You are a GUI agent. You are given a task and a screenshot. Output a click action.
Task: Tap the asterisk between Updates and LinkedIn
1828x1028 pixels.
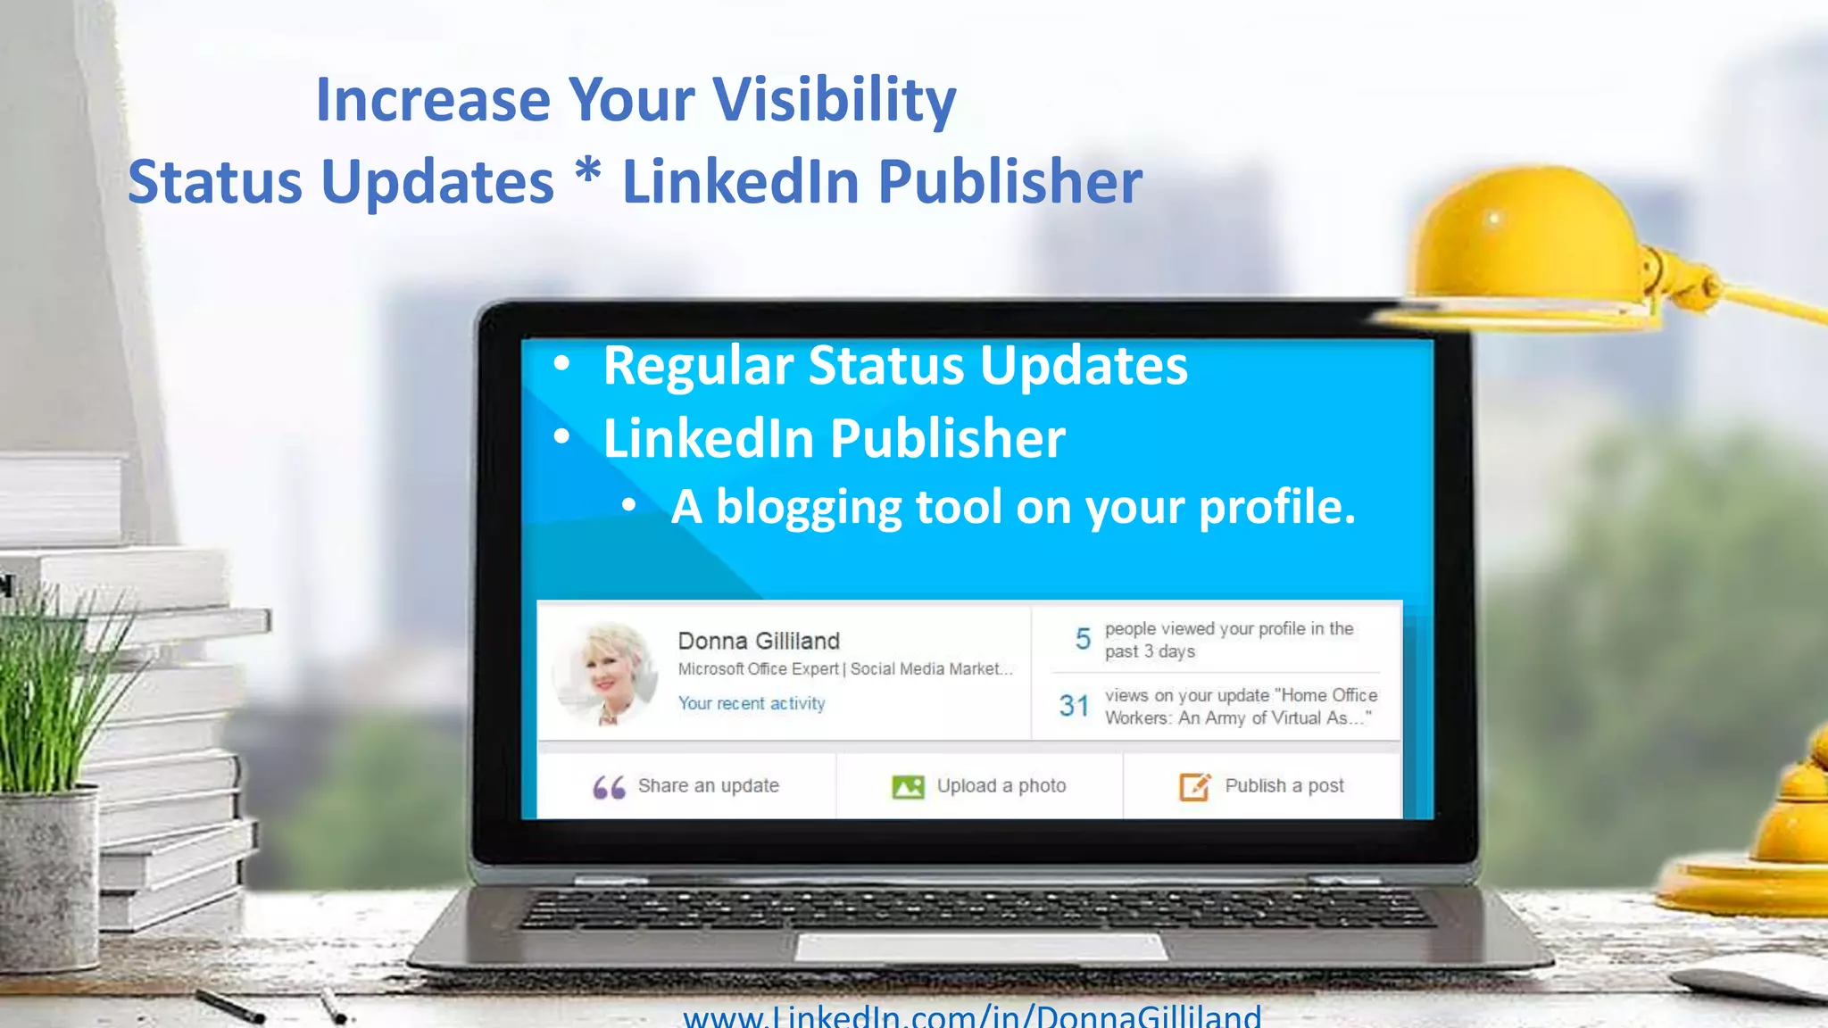pyautogui.click(x=587, y=170)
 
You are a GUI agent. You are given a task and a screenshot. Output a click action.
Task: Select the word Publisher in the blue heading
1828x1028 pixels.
pyautogui.click(x=1010, y=182)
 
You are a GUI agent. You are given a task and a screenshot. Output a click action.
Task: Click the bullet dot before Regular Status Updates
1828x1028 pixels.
pyautogui.click(x=561, y=364)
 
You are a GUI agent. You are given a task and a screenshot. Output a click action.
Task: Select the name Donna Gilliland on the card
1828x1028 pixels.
pyautogui.click(x=759, y=641)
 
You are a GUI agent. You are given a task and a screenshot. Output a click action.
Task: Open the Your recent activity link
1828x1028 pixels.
pyautogui.click(x=752, y=703)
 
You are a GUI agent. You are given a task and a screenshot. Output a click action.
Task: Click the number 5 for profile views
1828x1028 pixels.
pyautogui.click(x=1083, y=639)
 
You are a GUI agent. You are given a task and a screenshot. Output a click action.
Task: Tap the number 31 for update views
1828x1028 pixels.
pyautogui.click(x=1074, y=706)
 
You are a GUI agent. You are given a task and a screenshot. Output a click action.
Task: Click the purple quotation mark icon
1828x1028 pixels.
pyautogui.click(x=609, y=787)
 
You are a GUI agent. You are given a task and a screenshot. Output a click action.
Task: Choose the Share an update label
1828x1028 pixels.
pyautogui.click(x=708, y=786)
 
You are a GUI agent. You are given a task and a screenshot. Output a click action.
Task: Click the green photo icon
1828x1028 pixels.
pyautogui.click(x=908, y=787)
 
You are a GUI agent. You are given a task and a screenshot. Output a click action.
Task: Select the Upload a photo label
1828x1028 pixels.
pyautogui.click(x=1001, y=786)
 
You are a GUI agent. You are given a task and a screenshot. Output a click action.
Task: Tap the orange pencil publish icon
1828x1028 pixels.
pyautogui.click(x=1194, y=786)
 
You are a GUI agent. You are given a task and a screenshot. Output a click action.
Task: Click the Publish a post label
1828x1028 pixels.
pyautogui.click(x=1284, y=786)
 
